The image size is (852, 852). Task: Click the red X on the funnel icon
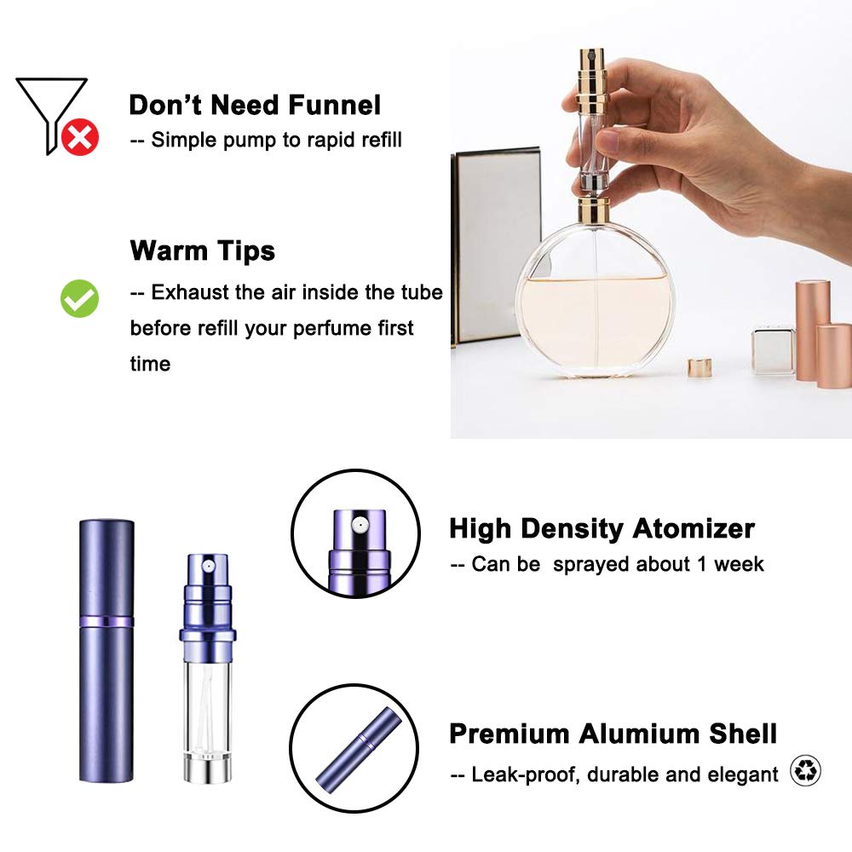click(80, 137)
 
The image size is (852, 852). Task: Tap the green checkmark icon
click(79, 298)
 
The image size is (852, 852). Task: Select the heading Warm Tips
click(203, 250)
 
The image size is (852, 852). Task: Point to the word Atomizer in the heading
click(693, 528)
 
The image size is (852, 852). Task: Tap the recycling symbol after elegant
click(805, 771)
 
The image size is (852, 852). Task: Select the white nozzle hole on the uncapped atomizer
click(207, 562)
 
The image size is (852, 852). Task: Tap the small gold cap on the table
click(700, 367)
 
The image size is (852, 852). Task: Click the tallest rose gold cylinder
click(812, 328)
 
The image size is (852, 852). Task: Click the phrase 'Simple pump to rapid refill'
click(276, 140)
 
